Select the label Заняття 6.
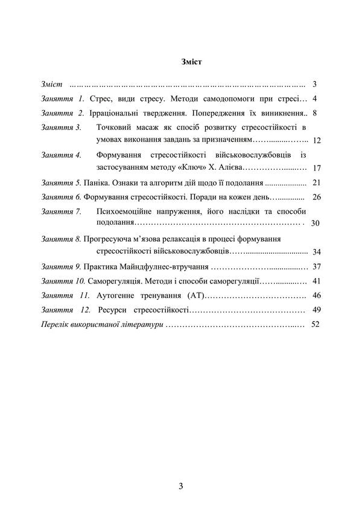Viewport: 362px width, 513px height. pyautogui.click(x=61, y=197)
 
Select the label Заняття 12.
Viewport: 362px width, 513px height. pyautogui.click(x=66, y=310)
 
